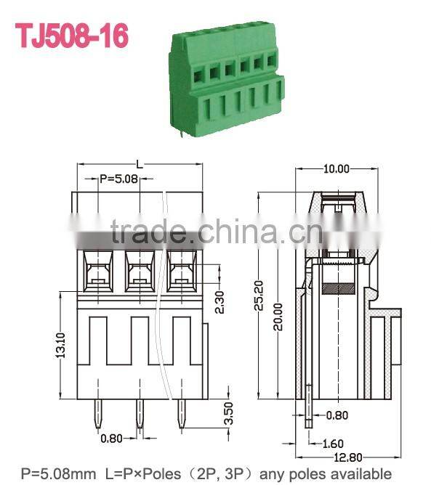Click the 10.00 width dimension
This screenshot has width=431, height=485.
tap(337, 168)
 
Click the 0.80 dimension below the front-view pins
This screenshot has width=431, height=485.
tap(110, 438)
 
